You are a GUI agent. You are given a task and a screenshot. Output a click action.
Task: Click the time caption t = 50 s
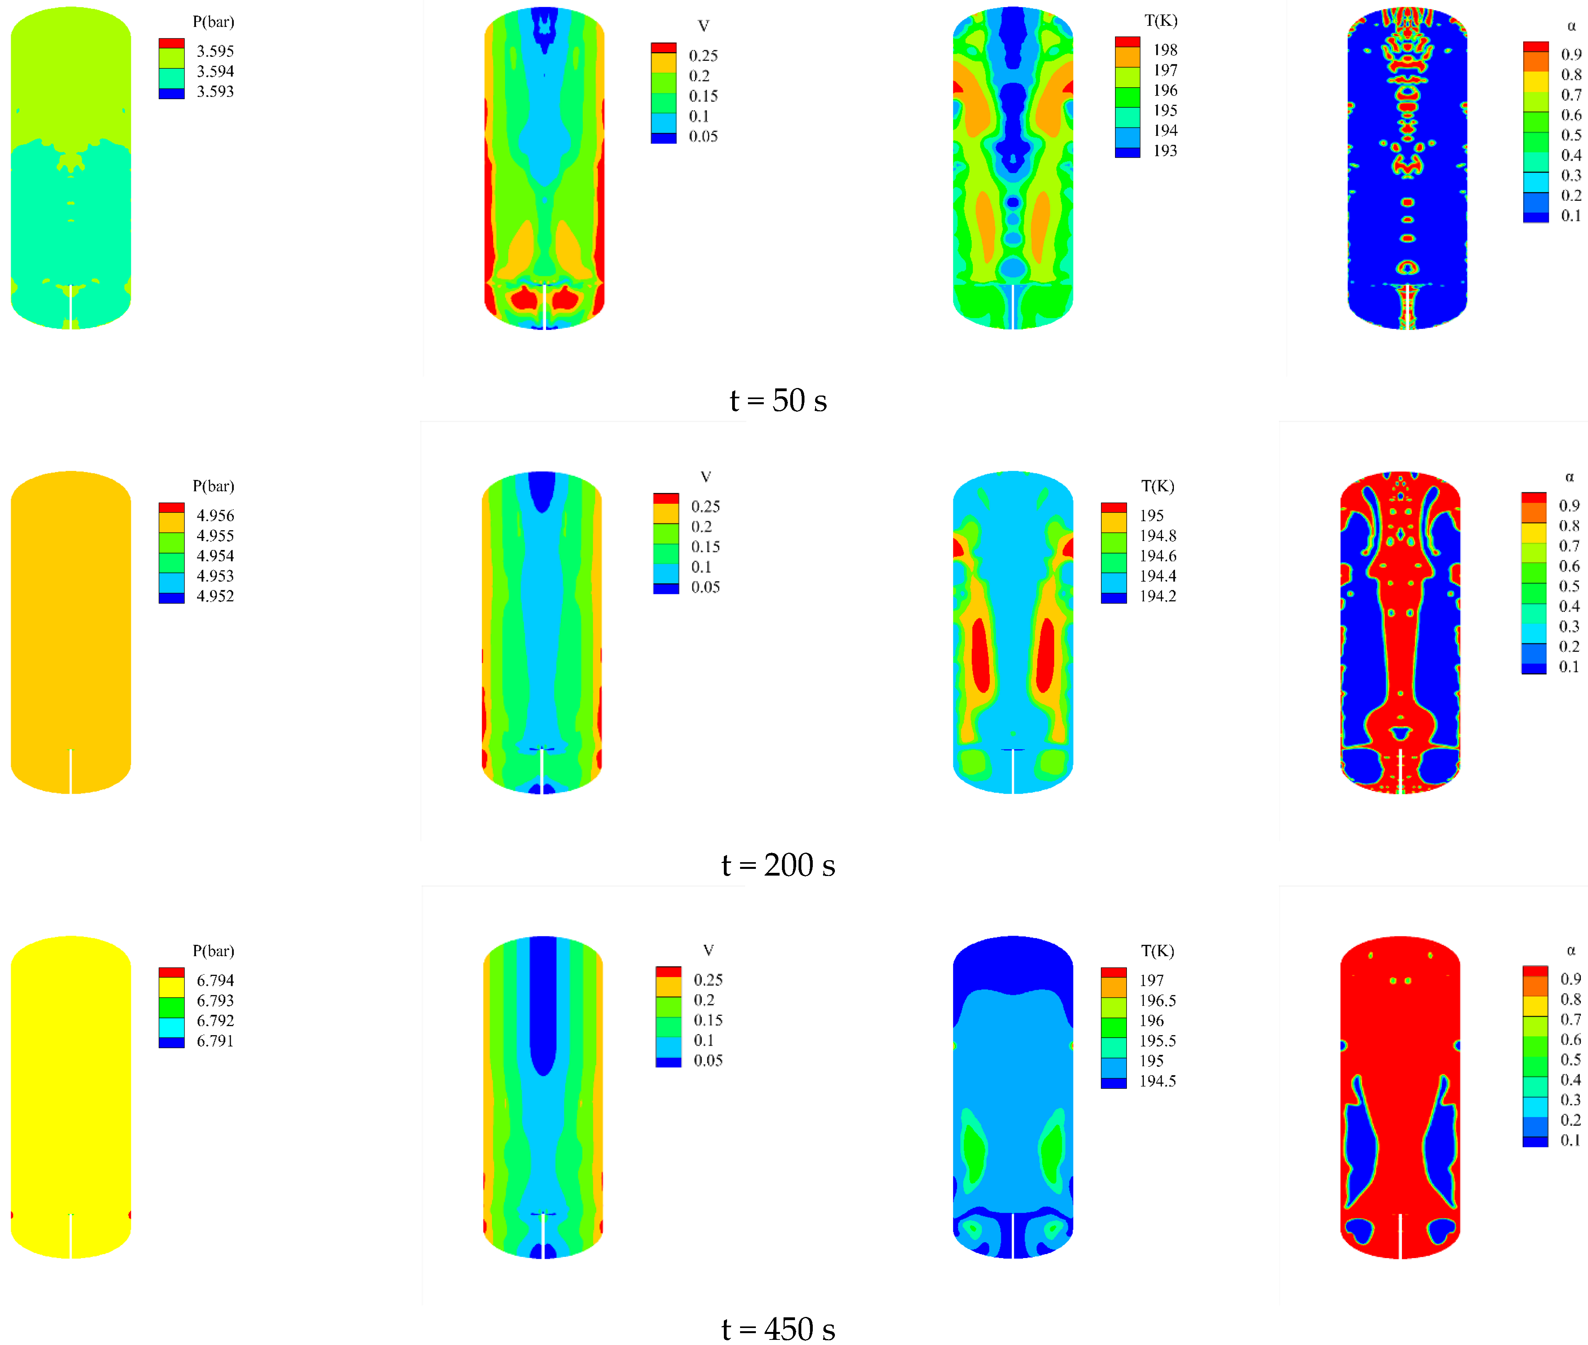click(778, 400)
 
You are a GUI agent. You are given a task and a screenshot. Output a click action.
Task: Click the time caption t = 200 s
click(778, 865)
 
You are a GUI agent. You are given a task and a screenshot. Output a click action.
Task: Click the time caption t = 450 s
click(778, 1329)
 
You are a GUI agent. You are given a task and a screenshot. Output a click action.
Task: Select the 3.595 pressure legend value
click(215, 51)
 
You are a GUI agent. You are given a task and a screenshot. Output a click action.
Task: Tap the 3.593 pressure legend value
click(215, 92)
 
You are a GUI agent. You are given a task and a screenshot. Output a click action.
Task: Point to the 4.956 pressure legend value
click(215, 515)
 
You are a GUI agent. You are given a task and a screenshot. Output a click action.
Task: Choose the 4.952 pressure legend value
click(215, 596)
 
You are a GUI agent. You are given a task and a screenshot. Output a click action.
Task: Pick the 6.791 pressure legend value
click(215, 1041)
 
